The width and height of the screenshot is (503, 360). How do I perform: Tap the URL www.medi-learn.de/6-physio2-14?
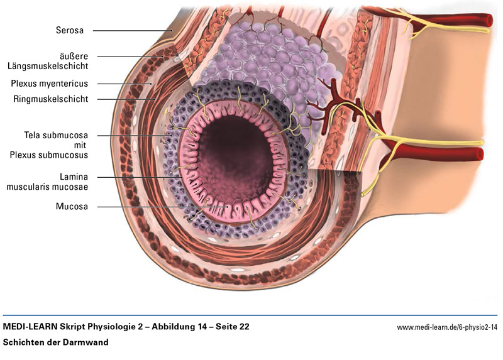coord(447,328)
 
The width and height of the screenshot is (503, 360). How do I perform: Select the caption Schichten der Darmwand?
coord(56,342)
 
